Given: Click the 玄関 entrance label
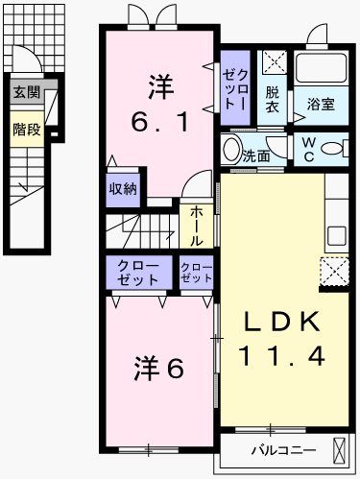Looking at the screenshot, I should tap(26, 93).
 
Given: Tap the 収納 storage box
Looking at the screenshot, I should tap(122, 187).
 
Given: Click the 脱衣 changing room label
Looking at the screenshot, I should tap(274, 100).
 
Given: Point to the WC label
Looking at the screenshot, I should tap(310, 150).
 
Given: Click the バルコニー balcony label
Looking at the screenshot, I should tap(279, 449).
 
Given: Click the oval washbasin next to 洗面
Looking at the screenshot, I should tap(230, 150).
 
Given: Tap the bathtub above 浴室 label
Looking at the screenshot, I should tap(322, 67).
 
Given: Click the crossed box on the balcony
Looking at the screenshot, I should tap(339, 449).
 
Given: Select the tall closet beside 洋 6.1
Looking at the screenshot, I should tap(236, 86).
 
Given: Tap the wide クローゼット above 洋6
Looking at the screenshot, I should tap(138, 272).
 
